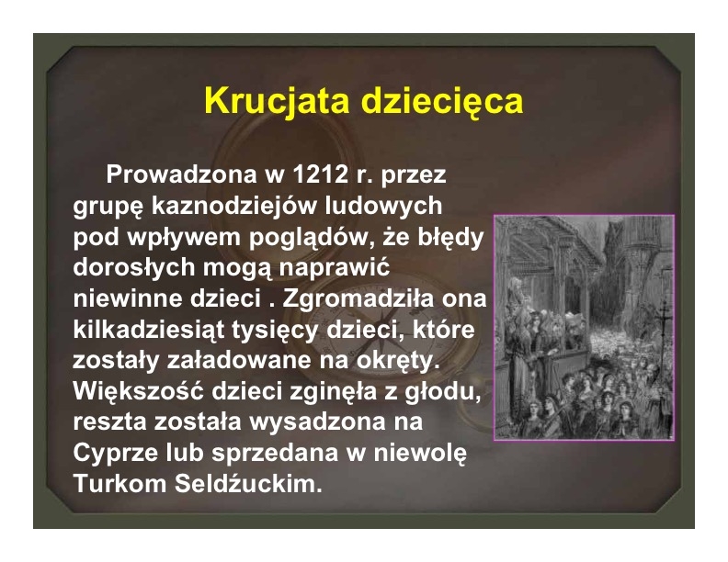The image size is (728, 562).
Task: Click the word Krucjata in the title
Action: (x=277, y=101)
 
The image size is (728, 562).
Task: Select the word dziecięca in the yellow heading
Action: (x=442, y=102)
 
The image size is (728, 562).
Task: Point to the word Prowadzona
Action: (x=181, y=174)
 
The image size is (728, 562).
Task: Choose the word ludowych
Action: (x=383, y=207)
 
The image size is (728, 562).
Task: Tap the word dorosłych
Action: (x=132, y=268)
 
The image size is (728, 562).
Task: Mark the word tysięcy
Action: (x=275, y=331)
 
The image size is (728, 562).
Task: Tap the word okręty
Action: (x=397, y=361)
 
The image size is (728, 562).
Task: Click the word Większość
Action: (x=139, y=391)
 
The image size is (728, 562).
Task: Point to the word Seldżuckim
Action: (x=248, y=484)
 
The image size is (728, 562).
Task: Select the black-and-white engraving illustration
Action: (x=584, y=327)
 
